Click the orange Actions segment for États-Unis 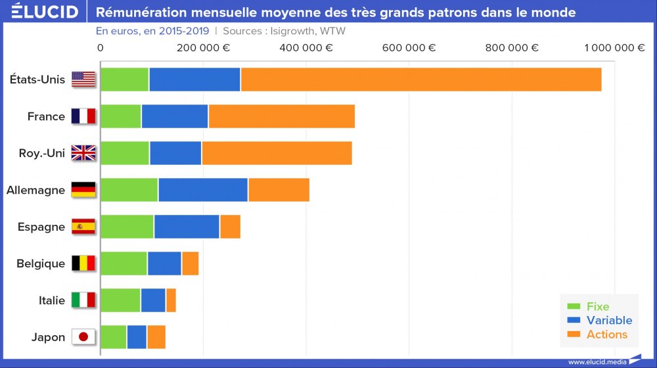pos(420,80)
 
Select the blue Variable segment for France pos(174,116)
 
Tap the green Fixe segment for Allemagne pos(129,190)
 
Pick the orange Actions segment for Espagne pos(230,227)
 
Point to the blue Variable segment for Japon pos(137,337)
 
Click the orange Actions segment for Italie pos(171,300)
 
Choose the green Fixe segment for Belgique pos(124,264)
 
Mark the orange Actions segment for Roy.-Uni pos(277,153)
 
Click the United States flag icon pos(83,80)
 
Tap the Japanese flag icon pos(83,337)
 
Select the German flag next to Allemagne pos(83,190)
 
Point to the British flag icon pos(83,153)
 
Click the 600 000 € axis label pos(409,47)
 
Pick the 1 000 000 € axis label pos(614,47)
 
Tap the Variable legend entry pos(608,320)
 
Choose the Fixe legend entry pos(597,306)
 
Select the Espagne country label pos(41,227)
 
